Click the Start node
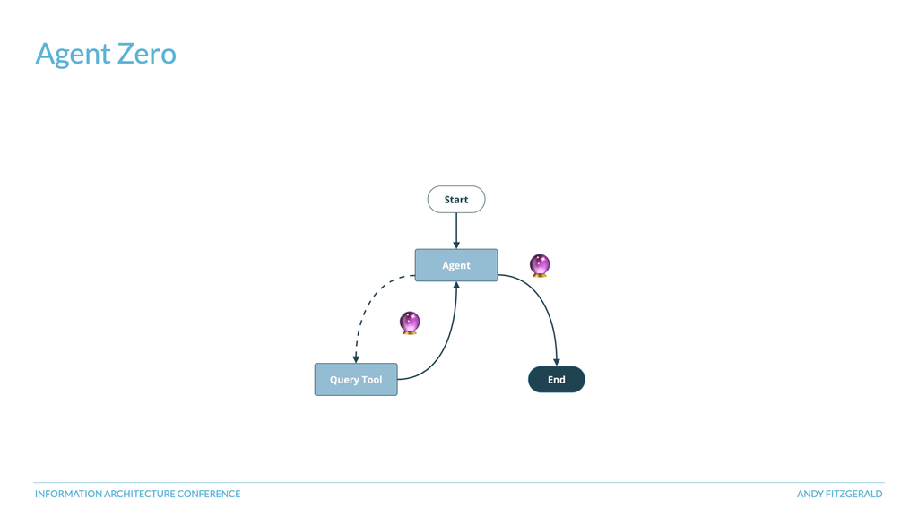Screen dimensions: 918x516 (x=456, y=200)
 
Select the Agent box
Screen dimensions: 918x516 (x=456, y=265)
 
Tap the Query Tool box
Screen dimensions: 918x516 (x=356, y=379)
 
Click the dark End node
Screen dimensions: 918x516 (x=556, y=379)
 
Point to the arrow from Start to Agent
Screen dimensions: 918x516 (x=456, y=230)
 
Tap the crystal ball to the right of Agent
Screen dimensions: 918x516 (x=539, y=265)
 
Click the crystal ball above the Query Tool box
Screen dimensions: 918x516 (x=409, y=322)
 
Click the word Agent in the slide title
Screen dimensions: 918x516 (x=73, y=55)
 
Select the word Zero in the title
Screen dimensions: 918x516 (x=146, y=54)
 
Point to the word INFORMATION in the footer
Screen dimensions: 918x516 (x=68, y=494)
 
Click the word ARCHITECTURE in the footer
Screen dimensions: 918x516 (x=139, y=494)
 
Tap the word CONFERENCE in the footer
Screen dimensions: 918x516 (x=209, y=494)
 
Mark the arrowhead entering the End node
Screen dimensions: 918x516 (x=557, y=363)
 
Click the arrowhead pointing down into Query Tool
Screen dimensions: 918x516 (x=355, y=359)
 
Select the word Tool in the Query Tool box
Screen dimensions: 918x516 (x=372, y=380)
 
